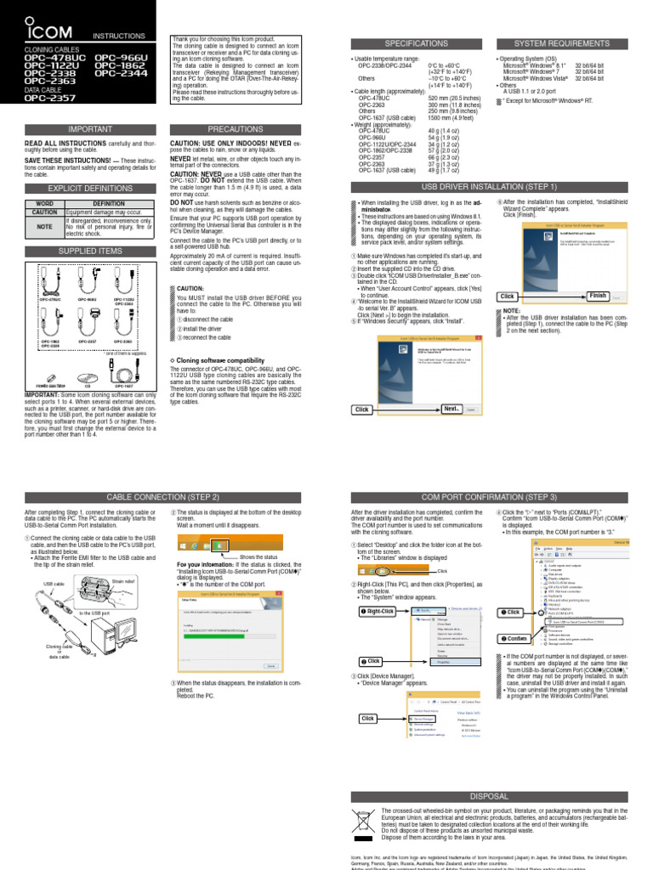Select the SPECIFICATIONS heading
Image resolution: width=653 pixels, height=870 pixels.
(x=416, y=43)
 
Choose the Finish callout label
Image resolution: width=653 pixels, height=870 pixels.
(x=598, y=295)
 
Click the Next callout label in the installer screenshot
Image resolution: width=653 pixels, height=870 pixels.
(x=451, y=409)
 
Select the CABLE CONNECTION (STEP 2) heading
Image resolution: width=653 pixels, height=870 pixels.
(x=162, y=496)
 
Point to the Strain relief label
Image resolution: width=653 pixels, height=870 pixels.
(x=124, y=582)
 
